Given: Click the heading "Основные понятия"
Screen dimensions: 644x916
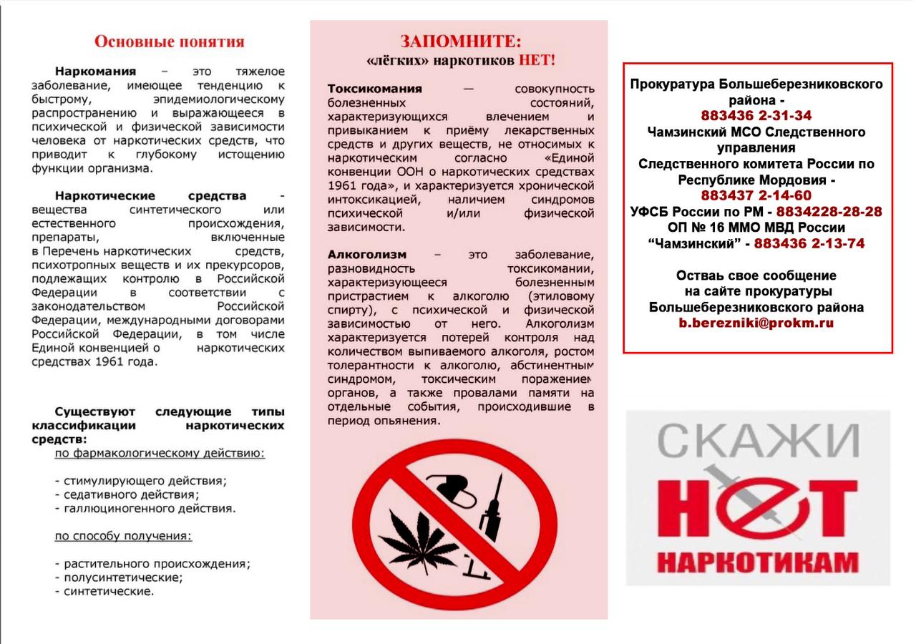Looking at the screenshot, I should point(170,42).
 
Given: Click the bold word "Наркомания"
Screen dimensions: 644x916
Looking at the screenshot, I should point(95,72).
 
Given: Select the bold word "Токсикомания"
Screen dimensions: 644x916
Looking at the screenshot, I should point(374,89).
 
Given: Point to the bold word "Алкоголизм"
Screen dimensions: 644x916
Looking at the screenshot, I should point(367,254).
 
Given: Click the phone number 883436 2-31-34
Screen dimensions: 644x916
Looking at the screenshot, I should point(756,116).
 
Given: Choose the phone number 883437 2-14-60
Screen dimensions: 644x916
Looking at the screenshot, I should point(756,195).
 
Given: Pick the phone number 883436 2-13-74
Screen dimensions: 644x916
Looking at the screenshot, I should point(809,243).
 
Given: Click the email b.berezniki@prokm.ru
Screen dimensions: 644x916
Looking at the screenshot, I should point(756,323).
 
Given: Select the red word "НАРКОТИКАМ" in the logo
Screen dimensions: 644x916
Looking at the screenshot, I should point(757,561).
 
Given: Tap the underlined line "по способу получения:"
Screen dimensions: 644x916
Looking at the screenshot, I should point(123,536).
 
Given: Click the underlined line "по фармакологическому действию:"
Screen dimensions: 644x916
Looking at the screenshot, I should point(160,453).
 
